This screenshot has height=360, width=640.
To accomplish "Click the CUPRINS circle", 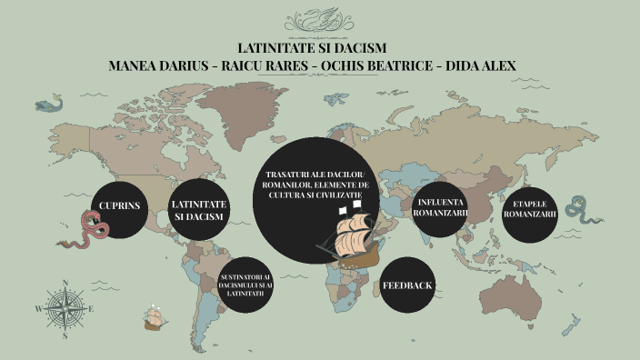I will (120, 206).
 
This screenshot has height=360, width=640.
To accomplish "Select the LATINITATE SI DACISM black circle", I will (197, 210).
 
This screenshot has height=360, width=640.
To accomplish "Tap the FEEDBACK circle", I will (407, 285).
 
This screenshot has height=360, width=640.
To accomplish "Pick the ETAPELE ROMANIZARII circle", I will (530, 209).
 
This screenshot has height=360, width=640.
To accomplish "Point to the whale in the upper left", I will (51, 101).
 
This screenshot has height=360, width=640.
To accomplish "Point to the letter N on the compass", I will (64, 282).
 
